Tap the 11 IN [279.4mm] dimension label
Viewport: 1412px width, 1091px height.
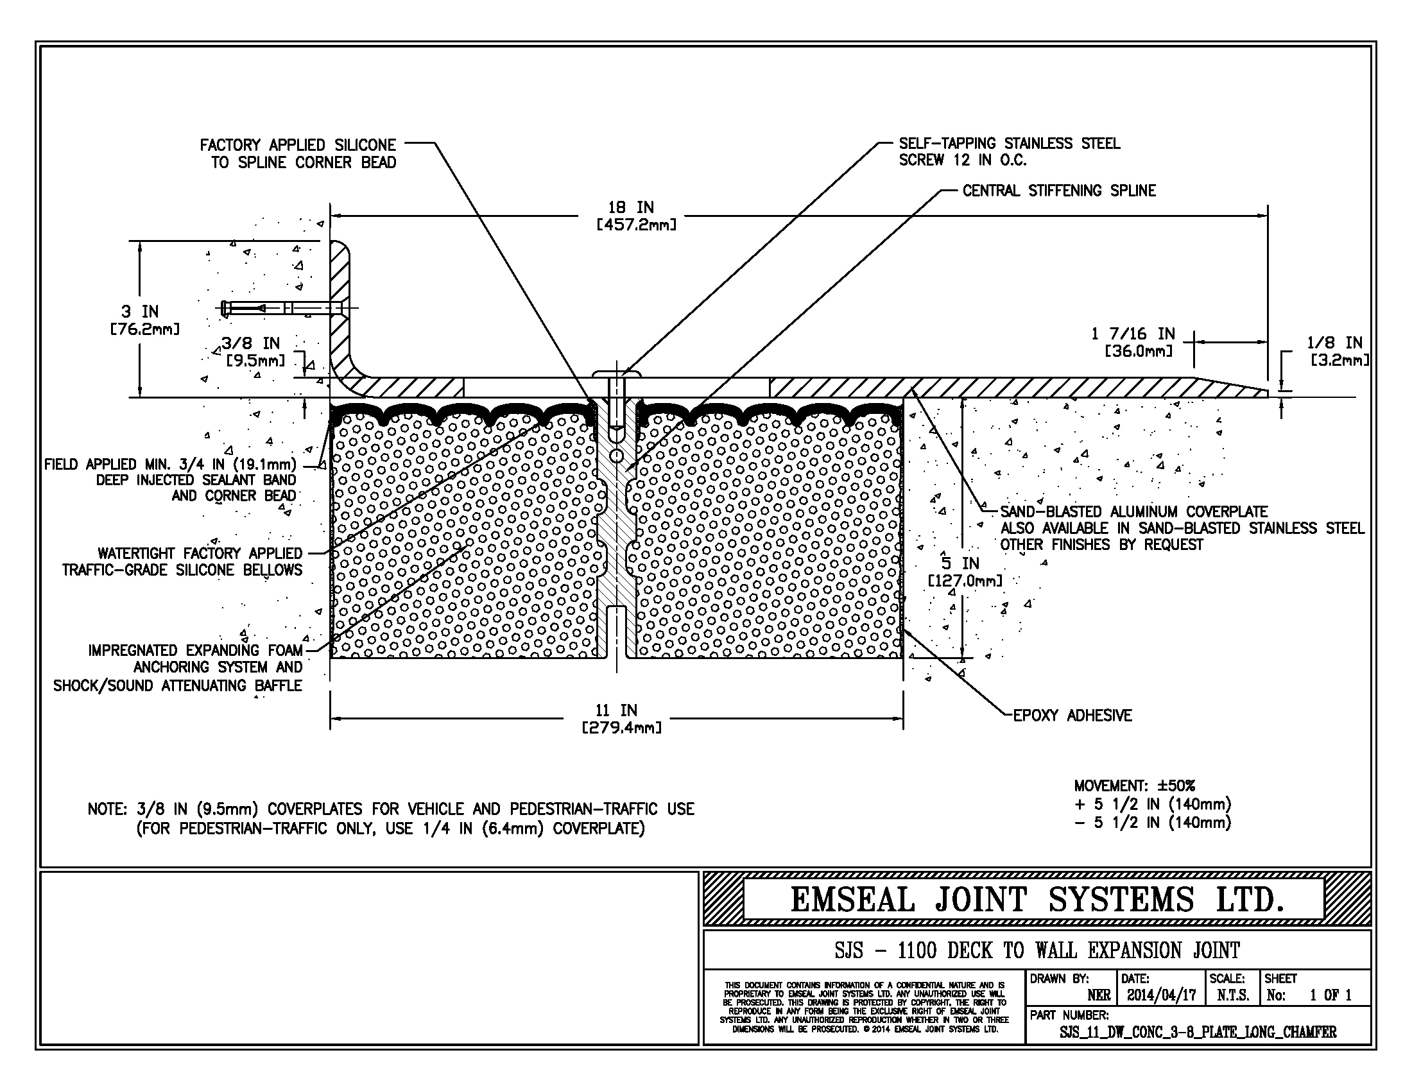(621, 719)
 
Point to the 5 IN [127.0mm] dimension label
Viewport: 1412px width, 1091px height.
(965, 571)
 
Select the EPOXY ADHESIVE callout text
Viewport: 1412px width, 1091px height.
(1072, 716)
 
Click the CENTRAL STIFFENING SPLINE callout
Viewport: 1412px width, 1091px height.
(1059, 191)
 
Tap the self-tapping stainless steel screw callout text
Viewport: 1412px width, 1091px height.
(1008, 152)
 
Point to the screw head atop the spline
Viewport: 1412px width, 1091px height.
(616, 374)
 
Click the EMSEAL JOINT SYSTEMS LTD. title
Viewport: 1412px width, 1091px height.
(1037, 900)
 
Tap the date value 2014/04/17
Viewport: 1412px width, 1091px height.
(1161, 995)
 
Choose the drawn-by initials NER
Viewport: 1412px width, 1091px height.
(1098, 995)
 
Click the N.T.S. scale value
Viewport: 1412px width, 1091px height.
(1232, 995)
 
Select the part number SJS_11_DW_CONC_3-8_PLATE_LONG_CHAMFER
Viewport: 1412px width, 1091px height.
(1198, 1032)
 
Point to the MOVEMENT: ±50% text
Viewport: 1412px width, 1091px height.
(1135, 786)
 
